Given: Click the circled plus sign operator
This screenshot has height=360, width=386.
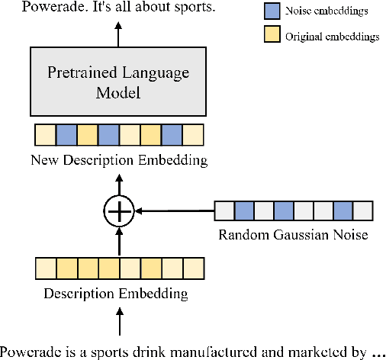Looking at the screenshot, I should pyautogui.click(x=118, y=209).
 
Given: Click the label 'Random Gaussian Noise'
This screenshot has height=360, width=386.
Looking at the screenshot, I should pyautogui.click(x=293, y=235).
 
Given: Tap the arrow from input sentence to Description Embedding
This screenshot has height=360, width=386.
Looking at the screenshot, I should pyautogui.click(x=118, y=321).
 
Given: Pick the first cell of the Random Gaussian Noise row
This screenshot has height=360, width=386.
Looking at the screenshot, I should pyautogui.click(x=224, y=210).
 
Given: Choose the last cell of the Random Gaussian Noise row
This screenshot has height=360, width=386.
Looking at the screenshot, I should pyautogui.click(x=362, y=210).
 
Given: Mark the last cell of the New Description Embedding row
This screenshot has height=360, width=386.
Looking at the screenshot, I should pyautogui.click(x=195, y=135).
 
